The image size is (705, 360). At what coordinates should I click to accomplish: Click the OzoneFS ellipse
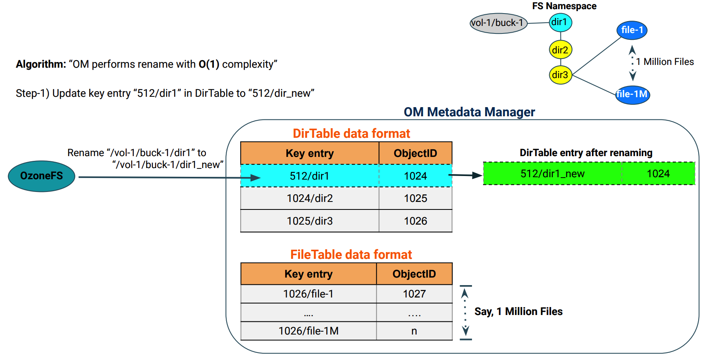(41, 176)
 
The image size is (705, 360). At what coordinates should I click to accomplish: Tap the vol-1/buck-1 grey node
(498, 23)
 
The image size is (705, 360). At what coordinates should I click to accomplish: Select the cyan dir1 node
(560, 22)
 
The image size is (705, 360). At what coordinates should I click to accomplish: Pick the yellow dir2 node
(560, 50)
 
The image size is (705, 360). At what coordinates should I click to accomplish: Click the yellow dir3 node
(560, 75)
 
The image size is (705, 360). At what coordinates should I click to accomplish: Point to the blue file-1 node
(632, 30)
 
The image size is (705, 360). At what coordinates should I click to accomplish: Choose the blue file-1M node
(632, 94)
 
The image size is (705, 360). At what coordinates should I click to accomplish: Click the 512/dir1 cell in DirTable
(309, 176)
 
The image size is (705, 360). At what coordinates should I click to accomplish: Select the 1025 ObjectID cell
(415, 198)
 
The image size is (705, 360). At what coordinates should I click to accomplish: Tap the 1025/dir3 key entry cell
(309, 221)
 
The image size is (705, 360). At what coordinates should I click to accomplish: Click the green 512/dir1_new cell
(552, 174)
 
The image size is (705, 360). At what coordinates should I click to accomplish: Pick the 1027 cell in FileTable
(414, 294)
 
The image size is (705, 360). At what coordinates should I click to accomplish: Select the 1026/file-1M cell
(308, 331)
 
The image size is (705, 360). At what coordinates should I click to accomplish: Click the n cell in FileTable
(414, 331)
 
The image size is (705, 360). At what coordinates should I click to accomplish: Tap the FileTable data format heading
(351, 254)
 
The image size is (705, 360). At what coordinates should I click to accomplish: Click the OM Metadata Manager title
(469, 112)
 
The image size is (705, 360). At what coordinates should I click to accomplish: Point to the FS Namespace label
(564, 6)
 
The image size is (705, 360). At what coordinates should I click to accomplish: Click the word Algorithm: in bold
(41, 64)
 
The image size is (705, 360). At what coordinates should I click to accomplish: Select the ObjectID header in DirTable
(415, 153)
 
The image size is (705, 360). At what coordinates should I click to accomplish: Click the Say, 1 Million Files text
(518, 311)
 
